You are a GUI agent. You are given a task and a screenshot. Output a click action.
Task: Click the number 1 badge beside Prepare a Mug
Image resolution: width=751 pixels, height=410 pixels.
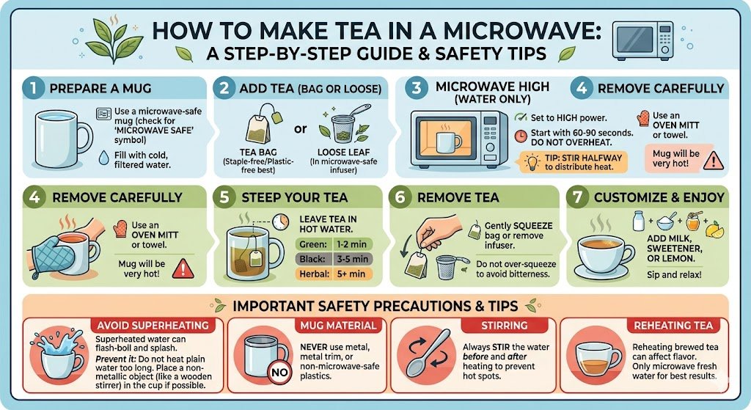(x=33, y=89)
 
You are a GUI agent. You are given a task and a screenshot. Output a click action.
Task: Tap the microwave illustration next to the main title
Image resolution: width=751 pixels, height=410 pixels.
(x=642, y=40)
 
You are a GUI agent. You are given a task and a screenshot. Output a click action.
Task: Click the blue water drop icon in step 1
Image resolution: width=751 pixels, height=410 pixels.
(x=103, y=158)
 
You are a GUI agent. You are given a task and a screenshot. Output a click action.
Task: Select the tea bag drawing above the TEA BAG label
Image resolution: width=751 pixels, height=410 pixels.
(x=262, y=125)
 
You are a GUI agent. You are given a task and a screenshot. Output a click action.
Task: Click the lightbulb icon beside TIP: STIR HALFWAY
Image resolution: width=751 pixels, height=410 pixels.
(x=532, y=162)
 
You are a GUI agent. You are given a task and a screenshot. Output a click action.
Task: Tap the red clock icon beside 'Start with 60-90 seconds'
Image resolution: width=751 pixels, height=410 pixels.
(x=521, y=136)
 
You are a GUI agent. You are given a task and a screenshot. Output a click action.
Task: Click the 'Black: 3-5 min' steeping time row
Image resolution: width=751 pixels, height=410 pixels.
(x=334, y=259)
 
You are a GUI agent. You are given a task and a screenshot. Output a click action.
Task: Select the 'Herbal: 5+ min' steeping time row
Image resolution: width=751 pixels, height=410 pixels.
(x=334, y=274)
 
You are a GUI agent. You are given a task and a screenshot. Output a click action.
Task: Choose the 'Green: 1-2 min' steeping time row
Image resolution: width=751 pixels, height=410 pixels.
(x=334, y=244)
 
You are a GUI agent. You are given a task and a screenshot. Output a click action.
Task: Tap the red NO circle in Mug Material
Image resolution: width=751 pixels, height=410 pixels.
(x=279, y=372)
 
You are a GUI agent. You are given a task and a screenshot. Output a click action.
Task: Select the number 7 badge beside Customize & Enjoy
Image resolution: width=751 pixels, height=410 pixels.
(x=578, y=197)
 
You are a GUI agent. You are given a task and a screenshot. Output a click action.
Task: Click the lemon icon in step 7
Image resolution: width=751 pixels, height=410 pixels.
(x=714, y=230)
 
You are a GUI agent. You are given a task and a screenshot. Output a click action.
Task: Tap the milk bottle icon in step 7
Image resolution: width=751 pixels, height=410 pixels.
(x=639, y=222)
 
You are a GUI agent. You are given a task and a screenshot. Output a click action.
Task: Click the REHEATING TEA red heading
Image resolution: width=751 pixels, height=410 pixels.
(x=673, y=326)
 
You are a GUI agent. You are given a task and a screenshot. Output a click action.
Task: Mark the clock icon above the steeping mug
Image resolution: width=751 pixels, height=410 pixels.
(x=281, y=222)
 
